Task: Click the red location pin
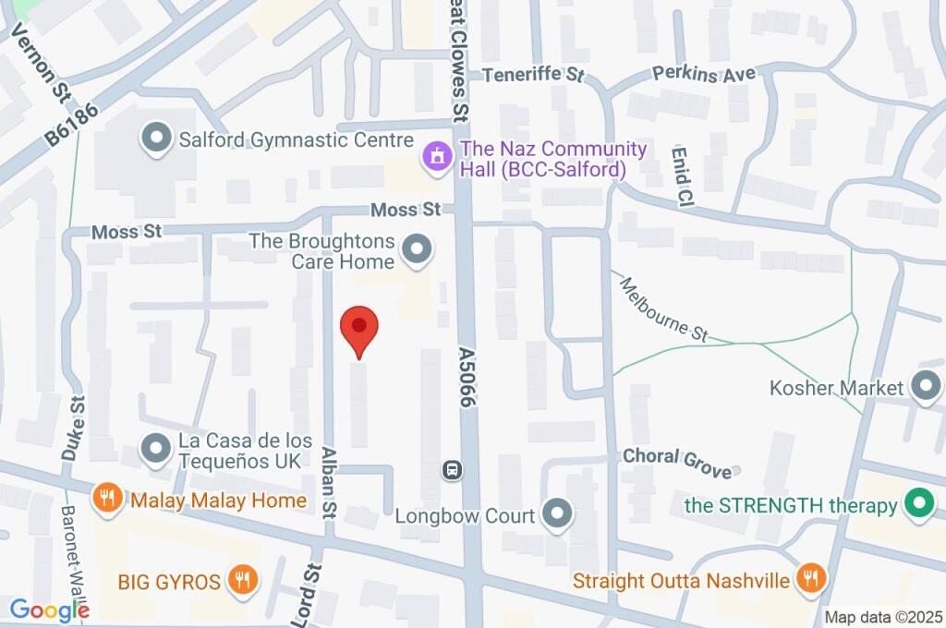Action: pyautogui.click(x=359, y=330)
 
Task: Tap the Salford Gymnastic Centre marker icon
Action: pyautogui.click(x=155, y=139)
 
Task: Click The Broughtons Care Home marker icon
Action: pyautogui.click(x=418, y=248)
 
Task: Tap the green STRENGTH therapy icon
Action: pyautogui.click(x=917, y=505)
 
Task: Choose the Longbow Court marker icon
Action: pyautogui.click(x=556, y=514)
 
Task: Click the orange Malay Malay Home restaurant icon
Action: pyautogui.click(x=108, y=500)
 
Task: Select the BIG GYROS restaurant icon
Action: pyautogui.click(x=242, y=581)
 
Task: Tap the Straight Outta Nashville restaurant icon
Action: pyautogui.click(x=810, y=579)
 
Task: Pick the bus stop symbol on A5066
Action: pyautogui.click(x=452, y=470)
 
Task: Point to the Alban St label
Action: pyautogui.click(x=328, y=481)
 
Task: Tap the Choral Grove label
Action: pyautogui.click(x=677, y=462)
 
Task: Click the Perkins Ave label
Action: pyautogui.click(x=704, y=74)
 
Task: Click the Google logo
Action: pyautogui.click(x=49, y=610)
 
